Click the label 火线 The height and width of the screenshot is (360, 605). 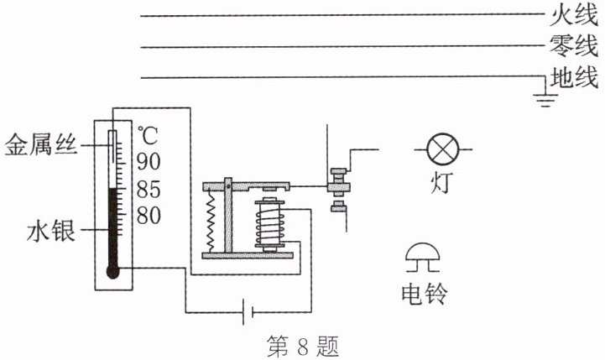click(x=572, y=15)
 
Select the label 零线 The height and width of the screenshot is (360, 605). click(x=572, y=46)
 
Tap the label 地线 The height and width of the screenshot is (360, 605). click(x=572, y=79)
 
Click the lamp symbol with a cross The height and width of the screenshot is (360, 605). click(x=441, y=151)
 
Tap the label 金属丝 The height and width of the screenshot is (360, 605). click(x=41, y=145)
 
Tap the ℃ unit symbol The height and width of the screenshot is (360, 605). click(x=148, y=133)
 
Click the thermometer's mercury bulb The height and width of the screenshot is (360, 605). click(x=114, y=270)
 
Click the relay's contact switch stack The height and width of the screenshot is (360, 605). click(x=339, y=190)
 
